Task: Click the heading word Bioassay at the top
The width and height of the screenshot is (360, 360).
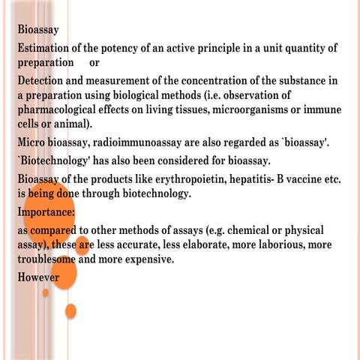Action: click(x=38, y=31)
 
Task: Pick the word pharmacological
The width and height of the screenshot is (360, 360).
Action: click(x=61, y=109)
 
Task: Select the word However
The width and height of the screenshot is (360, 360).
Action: click(x=39, y=277)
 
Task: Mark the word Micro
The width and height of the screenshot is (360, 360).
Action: click(x=34, y=141)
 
